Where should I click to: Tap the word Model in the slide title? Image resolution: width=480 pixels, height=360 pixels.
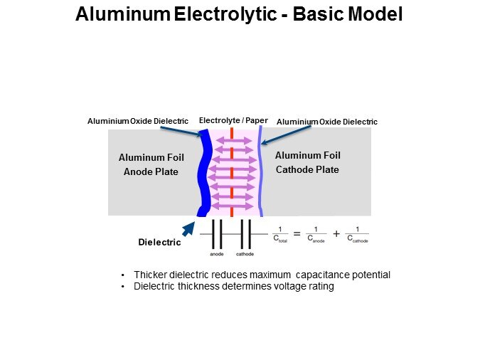tap(375, 15)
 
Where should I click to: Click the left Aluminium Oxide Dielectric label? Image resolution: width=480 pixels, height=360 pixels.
tap(138, 122)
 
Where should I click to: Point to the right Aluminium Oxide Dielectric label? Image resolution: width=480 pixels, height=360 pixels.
tap(326, 122)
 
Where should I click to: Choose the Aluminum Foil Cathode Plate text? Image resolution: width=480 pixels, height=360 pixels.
tap(306, 162)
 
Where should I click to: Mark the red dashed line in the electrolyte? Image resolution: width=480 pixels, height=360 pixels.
tap(232, 171)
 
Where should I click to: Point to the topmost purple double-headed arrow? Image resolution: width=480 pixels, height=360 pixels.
tap(232, 142)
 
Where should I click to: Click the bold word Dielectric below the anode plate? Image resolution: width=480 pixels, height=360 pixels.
tap(159, 243)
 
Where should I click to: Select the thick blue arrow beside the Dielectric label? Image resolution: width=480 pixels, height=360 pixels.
tap(188, 229)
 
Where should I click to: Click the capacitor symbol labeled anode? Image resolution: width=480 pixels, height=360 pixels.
tap(217, 234)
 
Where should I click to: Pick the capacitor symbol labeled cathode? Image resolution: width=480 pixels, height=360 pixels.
tap(245, 234)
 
